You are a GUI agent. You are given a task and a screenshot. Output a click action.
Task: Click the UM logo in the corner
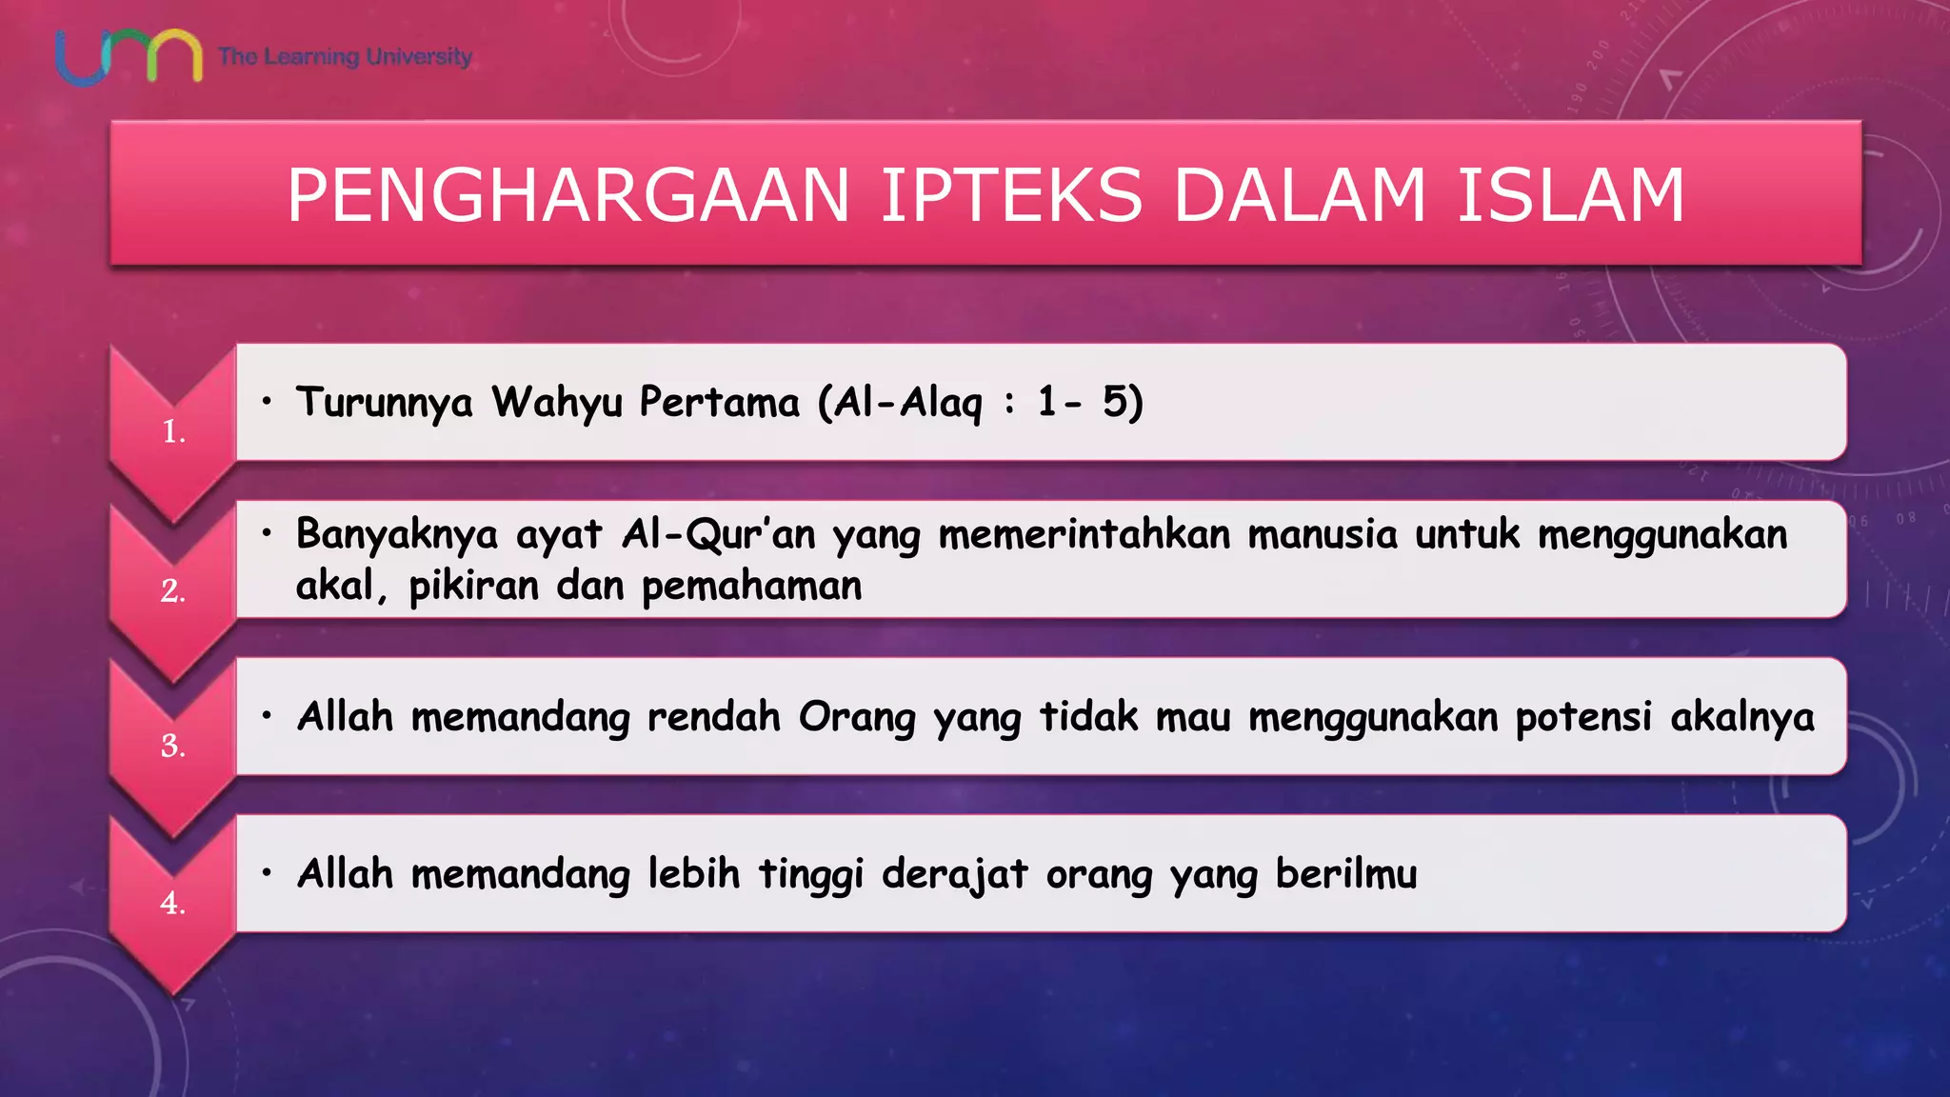click(x=129, y=57)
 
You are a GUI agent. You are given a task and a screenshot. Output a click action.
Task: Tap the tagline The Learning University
click(x=345, y=56)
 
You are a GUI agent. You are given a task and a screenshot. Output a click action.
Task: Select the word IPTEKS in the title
click(x=1011, y=195)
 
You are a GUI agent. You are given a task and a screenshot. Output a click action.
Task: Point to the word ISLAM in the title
click(x=1571, y=195)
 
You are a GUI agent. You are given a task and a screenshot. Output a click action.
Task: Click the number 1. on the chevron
click(x=173, y=432)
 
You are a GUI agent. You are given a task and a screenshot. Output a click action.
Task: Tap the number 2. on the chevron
click(x=172, y=591)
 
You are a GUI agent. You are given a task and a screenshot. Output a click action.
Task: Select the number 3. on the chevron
click(x=172, y=746)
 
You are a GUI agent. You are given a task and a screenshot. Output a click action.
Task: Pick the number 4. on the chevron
click(x=172, y=903)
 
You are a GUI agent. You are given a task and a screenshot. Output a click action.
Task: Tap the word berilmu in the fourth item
click(x=1346, y=874)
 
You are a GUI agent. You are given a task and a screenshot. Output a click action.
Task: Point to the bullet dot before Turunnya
click(x=268, y=401)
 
